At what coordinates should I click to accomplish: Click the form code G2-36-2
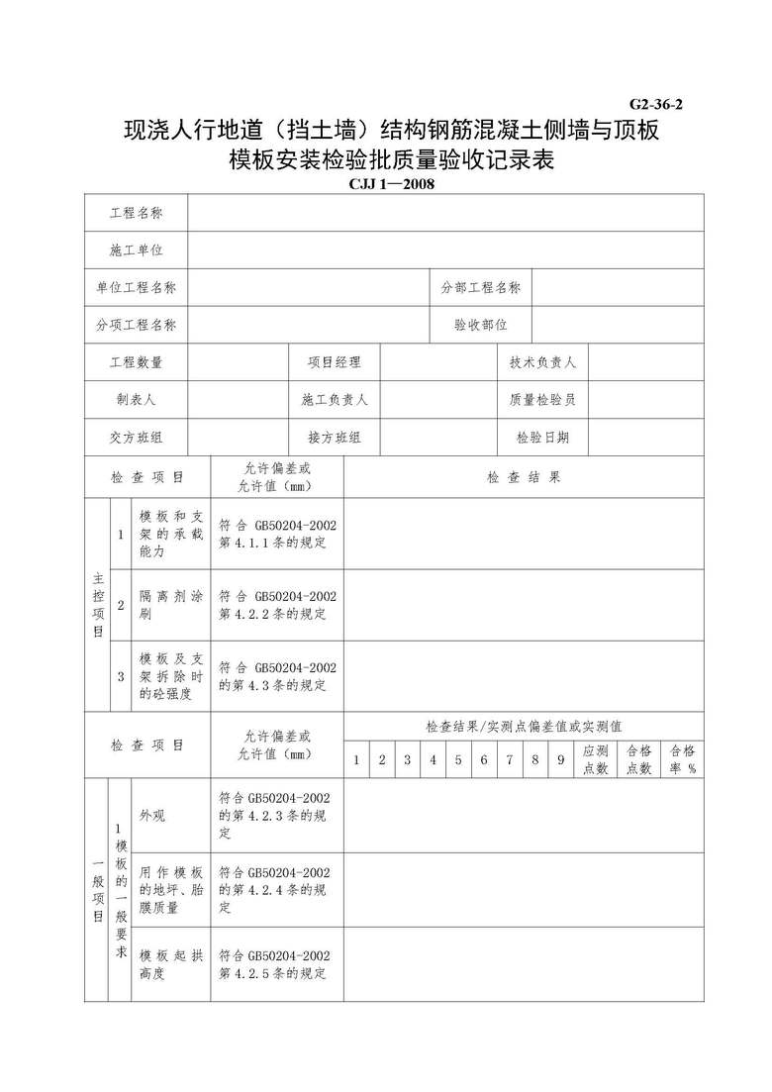(x=655, y=103)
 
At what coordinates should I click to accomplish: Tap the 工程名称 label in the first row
(x=136, y=213)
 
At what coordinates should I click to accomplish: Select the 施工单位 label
(x=136, y=250)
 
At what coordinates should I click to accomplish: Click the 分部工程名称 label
(x=480, y=287)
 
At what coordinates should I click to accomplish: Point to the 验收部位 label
(x=480, y=325)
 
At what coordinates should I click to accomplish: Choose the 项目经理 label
(x=334, y=362)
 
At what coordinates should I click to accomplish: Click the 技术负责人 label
(x=542, y=362)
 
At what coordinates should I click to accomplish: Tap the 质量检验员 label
(x=542, y=400)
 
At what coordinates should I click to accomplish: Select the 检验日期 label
(x=542, y=438)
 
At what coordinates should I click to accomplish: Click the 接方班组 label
(x=334, y=438)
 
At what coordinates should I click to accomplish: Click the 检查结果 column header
(x=524, y=476)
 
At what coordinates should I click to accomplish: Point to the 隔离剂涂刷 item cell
(x=171, y=605)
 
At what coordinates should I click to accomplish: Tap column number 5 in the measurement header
(x=457, y=760)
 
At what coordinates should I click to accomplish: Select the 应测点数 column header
(x=596, y=759)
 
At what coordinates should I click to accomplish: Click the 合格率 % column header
(x=683, y=759)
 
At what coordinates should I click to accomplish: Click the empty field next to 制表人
(x=238, y=400)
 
